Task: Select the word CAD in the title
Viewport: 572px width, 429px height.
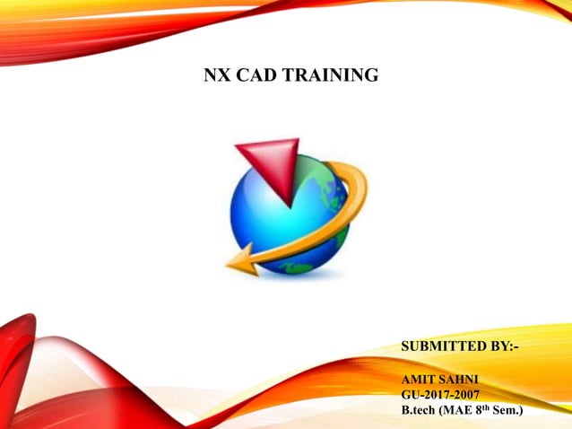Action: [x=254, y=76]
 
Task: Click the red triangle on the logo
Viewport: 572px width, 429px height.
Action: [x=268, y=162]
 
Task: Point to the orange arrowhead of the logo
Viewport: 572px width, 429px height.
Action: [x=241, y=262]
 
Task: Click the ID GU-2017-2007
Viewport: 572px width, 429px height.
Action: [x=440, y=395]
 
